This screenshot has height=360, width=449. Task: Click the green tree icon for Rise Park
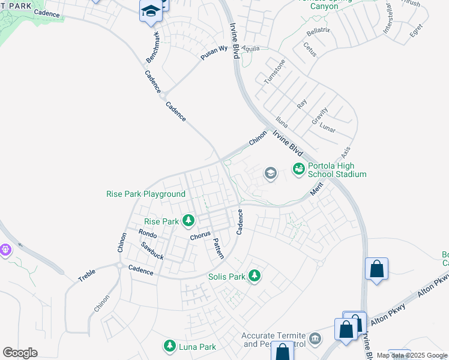click(x=188, y=221)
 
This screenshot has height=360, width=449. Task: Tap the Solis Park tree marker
click(x=255, y=276)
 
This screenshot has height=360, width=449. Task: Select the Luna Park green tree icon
click(x=169, y=346)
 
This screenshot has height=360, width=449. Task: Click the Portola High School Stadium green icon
click(x=298, y=170)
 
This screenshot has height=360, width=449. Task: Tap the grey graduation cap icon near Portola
click(x=270, y=174)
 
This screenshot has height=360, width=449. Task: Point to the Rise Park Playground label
click(x=145, y=194)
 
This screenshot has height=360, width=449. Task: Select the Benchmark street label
click(x=154, y=48)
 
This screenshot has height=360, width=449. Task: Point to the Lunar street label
click(x=327, y=129)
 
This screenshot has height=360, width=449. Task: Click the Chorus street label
click(x=200, y=235)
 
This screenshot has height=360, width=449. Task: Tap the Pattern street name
click(x=217, y=248)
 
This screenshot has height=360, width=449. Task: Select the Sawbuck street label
click(x=152, y=251)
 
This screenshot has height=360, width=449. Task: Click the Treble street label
click(x=87, y=276)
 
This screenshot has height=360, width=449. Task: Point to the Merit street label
click(x=316, y=189)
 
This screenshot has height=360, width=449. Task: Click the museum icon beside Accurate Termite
click(x=315, y=340)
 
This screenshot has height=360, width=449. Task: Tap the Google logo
click(x=20, y=353)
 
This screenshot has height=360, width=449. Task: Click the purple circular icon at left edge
click(x=5, y=248)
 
